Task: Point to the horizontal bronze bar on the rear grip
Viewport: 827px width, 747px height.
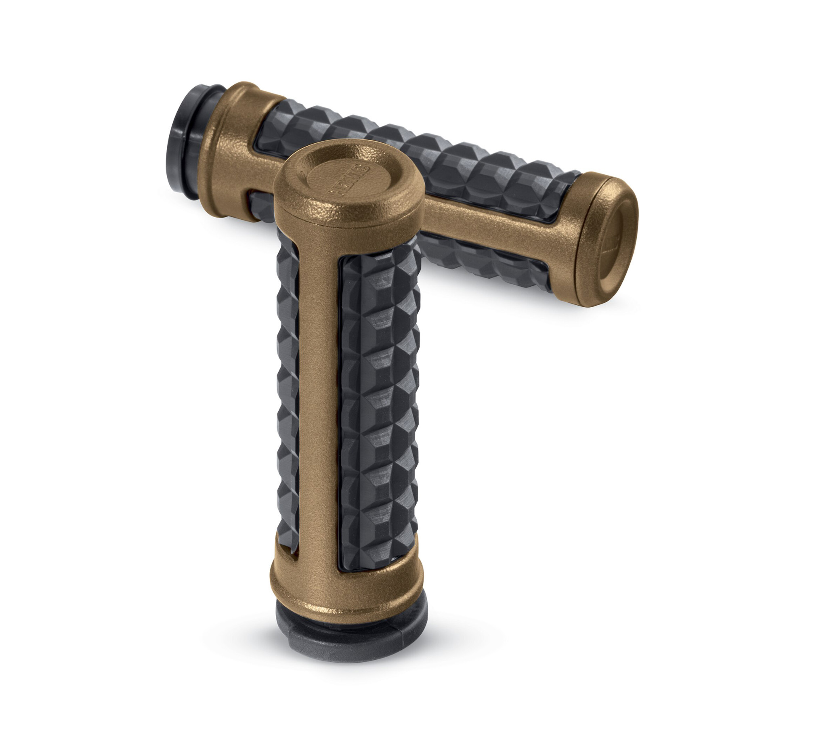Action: click(x=492, y=238)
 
